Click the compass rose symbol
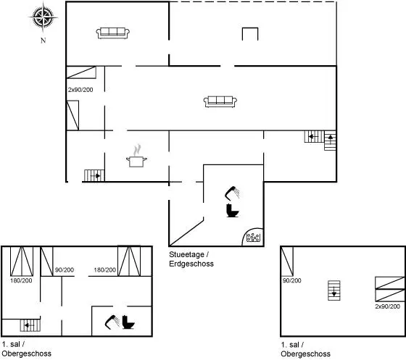pyautogui.click(x=43, y=17)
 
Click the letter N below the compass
pyautogui.click(x=43, y=41)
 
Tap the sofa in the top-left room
pyautogui.click(x=113, y=33)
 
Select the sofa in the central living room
pyautogui.click(x=220, y=101)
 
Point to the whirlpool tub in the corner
pyautogui.click(x=253, y=237)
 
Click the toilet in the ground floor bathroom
pyautogui.click(x=232, y=211)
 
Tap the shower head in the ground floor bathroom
pyautogui.click(x=232, y=193)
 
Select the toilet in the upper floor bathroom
pyautogui.click(x=128, y=322)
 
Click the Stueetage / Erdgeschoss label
pyautogui.click(x=191, y=259)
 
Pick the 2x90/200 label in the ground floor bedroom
pyautogui.click(x=80, y=90)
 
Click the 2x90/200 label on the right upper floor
pyautogui.click(x=388, y=306)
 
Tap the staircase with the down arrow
pyautogui.click(x=334, y=290)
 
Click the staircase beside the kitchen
pyautogui.click(x=94, y=175)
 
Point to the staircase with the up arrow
pyautogui.click(x=330, y=141)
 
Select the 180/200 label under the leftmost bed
pyautogui.click(x=21, y=280)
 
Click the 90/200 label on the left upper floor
pyautogui.click(x=65, y=270)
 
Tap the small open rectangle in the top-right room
pyautogui.click(x=250, y=34)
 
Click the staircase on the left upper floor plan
pyautogui.click(x=30, y=325)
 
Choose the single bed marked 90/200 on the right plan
pyautogui.click(x=287, y=261)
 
